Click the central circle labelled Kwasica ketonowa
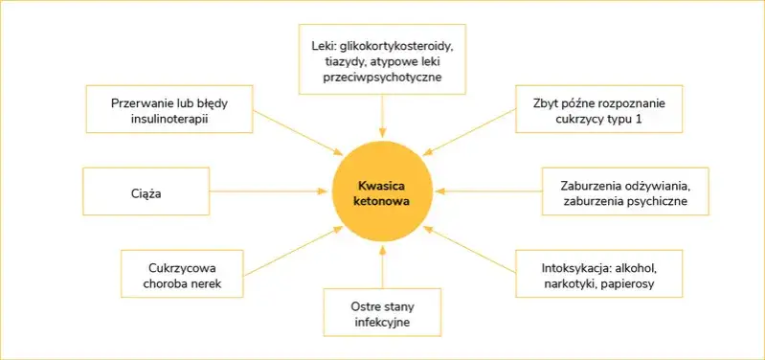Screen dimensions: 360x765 (x=382, y=187)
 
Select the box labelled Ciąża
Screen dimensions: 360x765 (x=146, y=193)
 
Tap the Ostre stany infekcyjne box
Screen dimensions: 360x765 (x=382, y=312)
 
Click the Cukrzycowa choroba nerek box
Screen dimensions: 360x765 (x=182, y=273)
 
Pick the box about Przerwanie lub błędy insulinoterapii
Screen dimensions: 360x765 (x=169, y=109)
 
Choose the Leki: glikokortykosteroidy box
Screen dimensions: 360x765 (x=382, y=60)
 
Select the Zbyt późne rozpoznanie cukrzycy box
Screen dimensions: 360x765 (x=597, y=109)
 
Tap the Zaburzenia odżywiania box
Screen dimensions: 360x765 (x=624, y=193)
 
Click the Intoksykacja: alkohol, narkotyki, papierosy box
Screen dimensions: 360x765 (x=598, y=273)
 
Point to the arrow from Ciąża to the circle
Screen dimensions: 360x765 (x=268, y=192)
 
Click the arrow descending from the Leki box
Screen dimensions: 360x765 (x=382, y=115)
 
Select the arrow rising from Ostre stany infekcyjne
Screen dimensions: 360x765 (x=382, y=263)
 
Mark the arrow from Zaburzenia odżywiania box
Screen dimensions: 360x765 (x=488, y=191)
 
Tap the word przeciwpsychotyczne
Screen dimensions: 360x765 (x=382, y=77)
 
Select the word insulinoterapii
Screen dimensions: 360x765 (x=169, y=120)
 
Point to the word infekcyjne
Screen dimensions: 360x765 (x=382, y=323)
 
